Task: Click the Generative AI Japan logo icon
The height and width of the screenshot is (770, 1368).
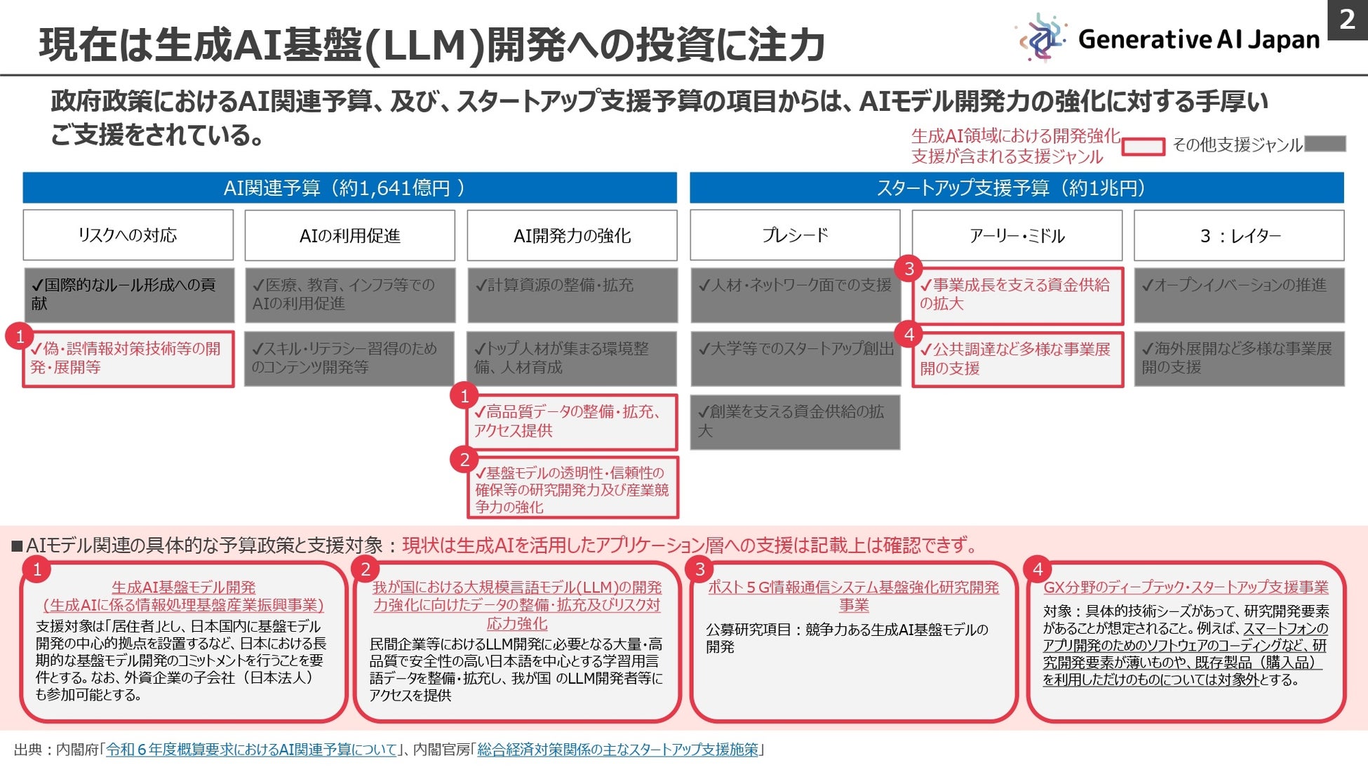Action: (x=1041, y=37)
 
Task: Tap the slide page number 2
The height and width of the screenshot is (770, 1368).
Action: (x=1347, y=20)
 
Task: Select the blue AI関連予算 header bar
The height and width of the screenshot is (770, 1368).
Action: (x=349, y=188)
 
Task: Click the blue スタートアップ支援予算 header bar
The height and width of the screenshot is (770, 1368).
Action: (x=1016, y=188)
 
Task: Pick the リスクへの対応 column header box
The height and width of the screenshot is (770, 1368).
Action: (x=128, y=235)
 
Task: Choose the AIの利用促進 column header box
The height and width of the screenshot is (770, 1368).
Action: (x=349, y=235)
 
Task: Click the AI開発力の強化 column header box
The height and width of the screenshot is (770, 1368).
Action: (x=572, y=235)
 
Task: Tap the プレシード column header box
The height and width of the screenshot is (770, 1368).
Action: (x=794, y=235)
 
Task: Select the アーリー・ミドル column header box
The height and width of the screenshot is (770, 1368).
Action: (x=1017, y=235)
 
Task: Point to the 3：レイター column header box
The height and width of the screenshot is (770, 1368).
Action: (x=1238, y=235)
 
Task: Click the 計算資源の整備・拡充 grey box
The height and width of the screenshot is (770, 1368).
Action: (x=572, y=295)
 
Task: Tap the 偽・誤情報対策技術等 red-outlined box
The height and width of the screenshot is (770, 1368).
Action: (x=128, y=359)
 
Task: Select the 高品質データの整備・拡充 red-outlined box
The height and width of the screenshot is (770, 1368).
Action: (x=572, y=422)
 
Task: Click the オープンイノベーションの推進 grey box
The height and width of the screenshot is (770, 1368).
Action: (x=1238, y=295)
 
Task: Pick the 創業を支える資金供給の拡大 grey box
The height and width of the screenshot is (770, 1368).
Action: (x=794, y=422)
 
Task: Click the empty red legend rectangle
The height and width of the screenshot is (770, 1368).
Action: (x=1143, y=147)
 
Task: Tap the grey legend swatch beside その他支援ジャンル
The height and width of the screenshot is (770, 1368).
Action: (x=1325, y=144)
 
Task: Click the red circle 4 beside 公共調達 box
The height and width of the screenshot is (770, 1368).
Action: (x=909, y=334)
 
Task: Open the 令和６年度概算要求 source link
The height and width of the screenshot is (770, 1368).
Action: (x=251, y=750)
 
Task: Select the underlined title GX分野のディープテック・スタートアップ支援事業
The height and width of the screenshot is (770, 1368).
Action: (x=1186, y=588)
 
